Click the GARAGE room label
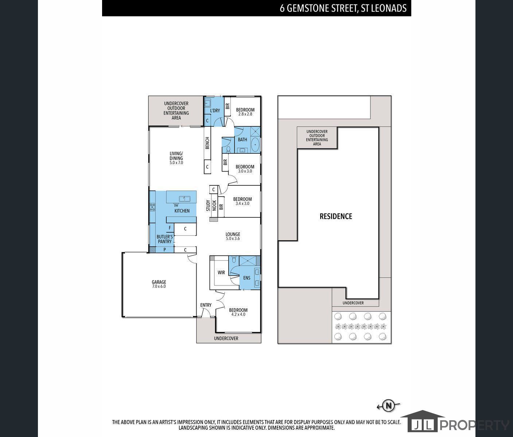[x=159, y=282]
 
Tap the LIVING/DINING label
[x=176, y=156]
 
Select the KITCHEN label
[x=182, y=211]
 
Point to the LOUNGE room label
[x=233, y=234]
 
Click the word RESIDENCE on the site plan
[x=336, y=216]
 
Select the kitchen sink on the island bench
[x=184, y=198]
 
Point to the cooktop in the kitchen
[x=152, y=207]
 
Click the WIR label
[x=221, y=273]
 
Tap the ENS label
[x=247, y=278]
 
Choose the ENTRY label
[x=206, y=305]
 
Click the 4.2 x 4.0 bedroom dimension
[x=238, y=314]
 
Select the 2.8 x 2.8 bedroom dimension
[x=245, y=114]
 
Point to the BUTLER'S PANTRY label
[x=165, y=239]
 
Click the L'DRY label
[x=215, y=111]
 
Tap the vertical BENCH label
[x=207, y=143]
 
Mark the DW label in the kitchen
[x=176, y=205]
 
